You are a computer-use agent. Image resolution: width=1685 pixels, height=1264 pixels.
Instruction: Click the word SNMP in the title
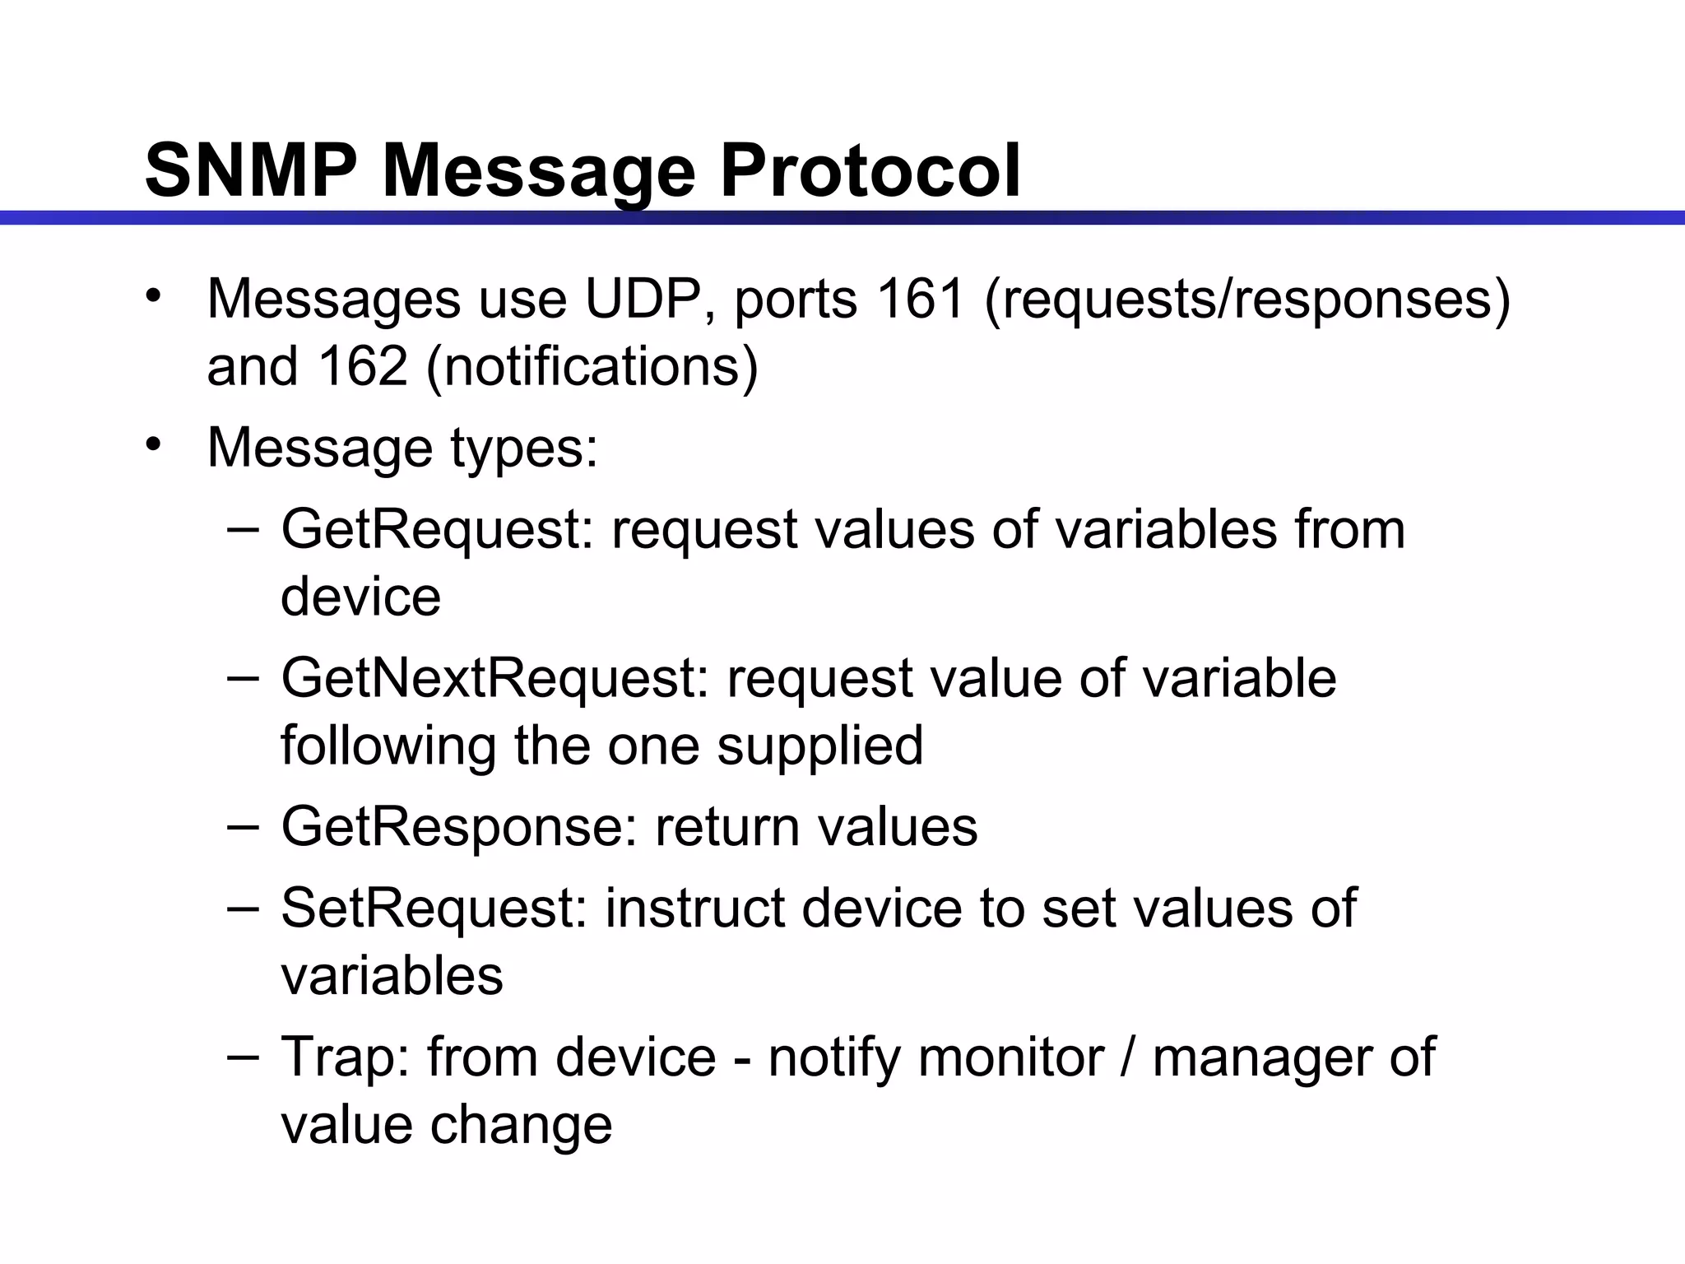pyautogui.click(x=250, y=171)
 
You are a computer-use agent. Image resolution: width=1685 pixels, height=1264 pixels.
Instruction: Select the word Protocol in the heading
pyautogui.click(x=870, y=171)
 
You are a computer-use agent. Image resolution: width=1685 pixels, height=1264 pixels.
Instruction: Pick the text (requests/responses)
pyautogui.click(x=1246, y=300)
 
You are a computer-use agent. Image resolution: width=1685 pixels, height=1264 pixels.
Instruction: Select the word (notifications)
pyautogui.click(x=592, y=367)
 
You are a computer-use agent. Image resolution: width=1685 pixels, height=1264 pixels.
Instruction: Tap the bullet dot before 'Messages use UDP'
pyautogui.click(x=153, y=295)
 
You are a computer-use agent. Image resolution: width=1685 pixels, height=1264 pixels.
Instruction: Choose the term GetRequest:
pyautogui.click(x=437, y=530)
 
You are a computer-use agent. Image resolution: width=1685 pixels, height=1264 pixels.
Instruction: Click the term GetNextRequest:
pyautogui.click(x=494, y=679)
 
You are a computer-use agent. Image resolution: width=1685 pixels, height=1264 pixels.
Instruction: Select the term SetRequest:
pyautogui.click(x=434, y=908)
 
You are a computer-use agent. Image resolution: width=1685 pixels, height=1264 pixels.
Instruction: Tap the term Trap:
pyautogui.click(x=345, y=1057)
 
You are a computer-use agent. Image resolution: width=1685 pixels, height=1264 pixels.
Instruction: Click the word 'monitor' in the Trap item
pyautogui.click(x=1010, y=1057)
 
